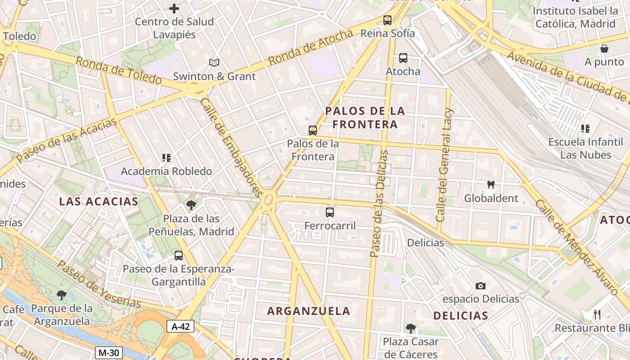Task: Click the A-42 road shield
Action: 180,327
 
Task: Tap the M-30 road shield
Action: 108,353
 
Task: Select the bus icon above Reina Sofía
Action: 387,20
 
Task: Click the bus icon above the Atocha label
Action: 403,58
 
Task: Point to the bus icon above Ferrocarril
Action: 330,212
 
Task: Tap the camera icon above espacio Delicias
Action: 481,286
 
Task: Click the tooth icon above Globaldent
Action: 491,184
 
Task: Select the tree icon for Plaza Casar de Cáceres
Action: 410,328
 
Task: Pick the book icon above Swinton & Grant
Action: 214,63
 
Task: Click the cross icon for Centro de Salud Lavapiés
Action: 174,8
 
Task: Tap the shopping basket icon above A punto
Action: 604,49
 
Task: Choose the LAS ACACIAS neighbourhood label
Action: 99,201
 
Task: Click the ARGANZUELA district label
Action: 308,311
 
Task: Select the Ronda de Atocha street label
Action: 310,47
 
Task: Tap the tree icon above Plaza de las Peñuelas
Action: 191,205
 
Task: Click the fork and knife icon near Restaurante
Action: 598,314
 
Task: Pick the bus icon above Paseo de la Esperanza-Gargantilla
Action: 179,256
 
